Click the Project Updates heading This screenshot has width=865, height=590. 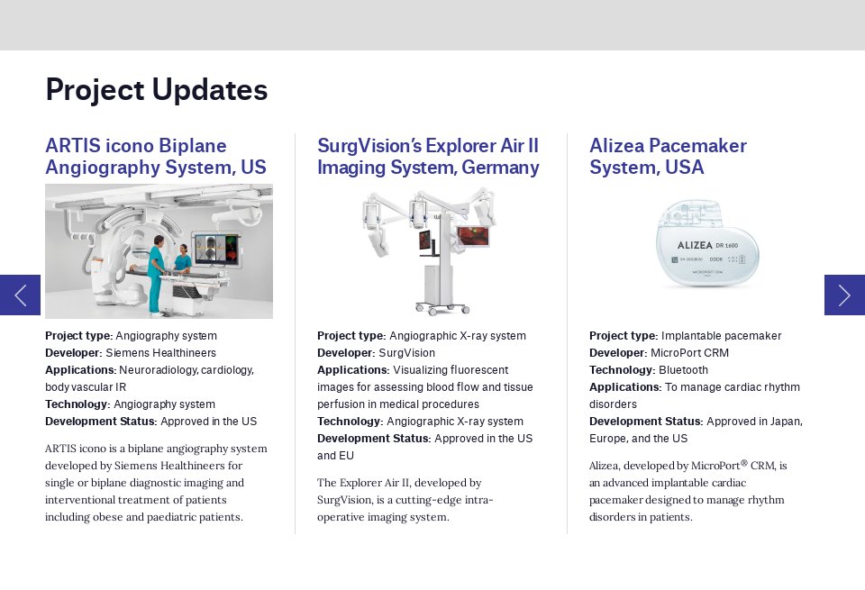(x=156, y=90)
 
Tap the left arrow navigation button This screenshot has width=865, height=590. (x=20, y=295)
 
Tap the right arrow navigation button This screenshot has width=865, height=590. (x=844, y=295)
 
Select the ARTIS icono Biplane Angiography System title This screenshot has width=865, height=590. (x=155, y=157)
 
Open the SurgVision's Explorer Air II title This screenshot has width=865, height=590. (x=428, y=157)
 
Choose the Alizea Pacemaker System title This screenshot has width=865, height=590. (x=668, y=157)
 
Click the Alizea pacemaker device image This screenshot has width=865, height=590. (x=706, y=244)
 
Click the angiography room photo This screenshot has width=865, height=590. (x=159, y=250)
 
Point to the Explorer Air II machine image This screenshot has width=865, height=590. (x=429, y=250)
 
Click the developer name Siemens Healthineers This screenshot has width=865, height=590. (x=160, y=353)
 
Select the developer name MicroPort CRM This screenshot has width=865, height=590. (x=696, y=353)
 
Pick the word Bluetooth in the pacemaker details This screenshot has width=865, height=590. (x=683, y=370)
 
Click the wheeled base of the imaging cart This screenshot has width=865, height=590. (x=442, y=308)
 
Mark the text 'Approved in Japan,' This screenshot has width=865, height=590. (x=754, y=422)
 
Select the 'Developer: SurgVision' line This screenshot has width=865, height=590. (x=376, y=353)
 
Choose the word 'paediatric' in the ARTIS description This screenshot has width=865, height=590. (x=173, y=517)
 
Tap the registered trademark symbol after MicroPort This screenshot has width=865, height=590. (x=744, y=463)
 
